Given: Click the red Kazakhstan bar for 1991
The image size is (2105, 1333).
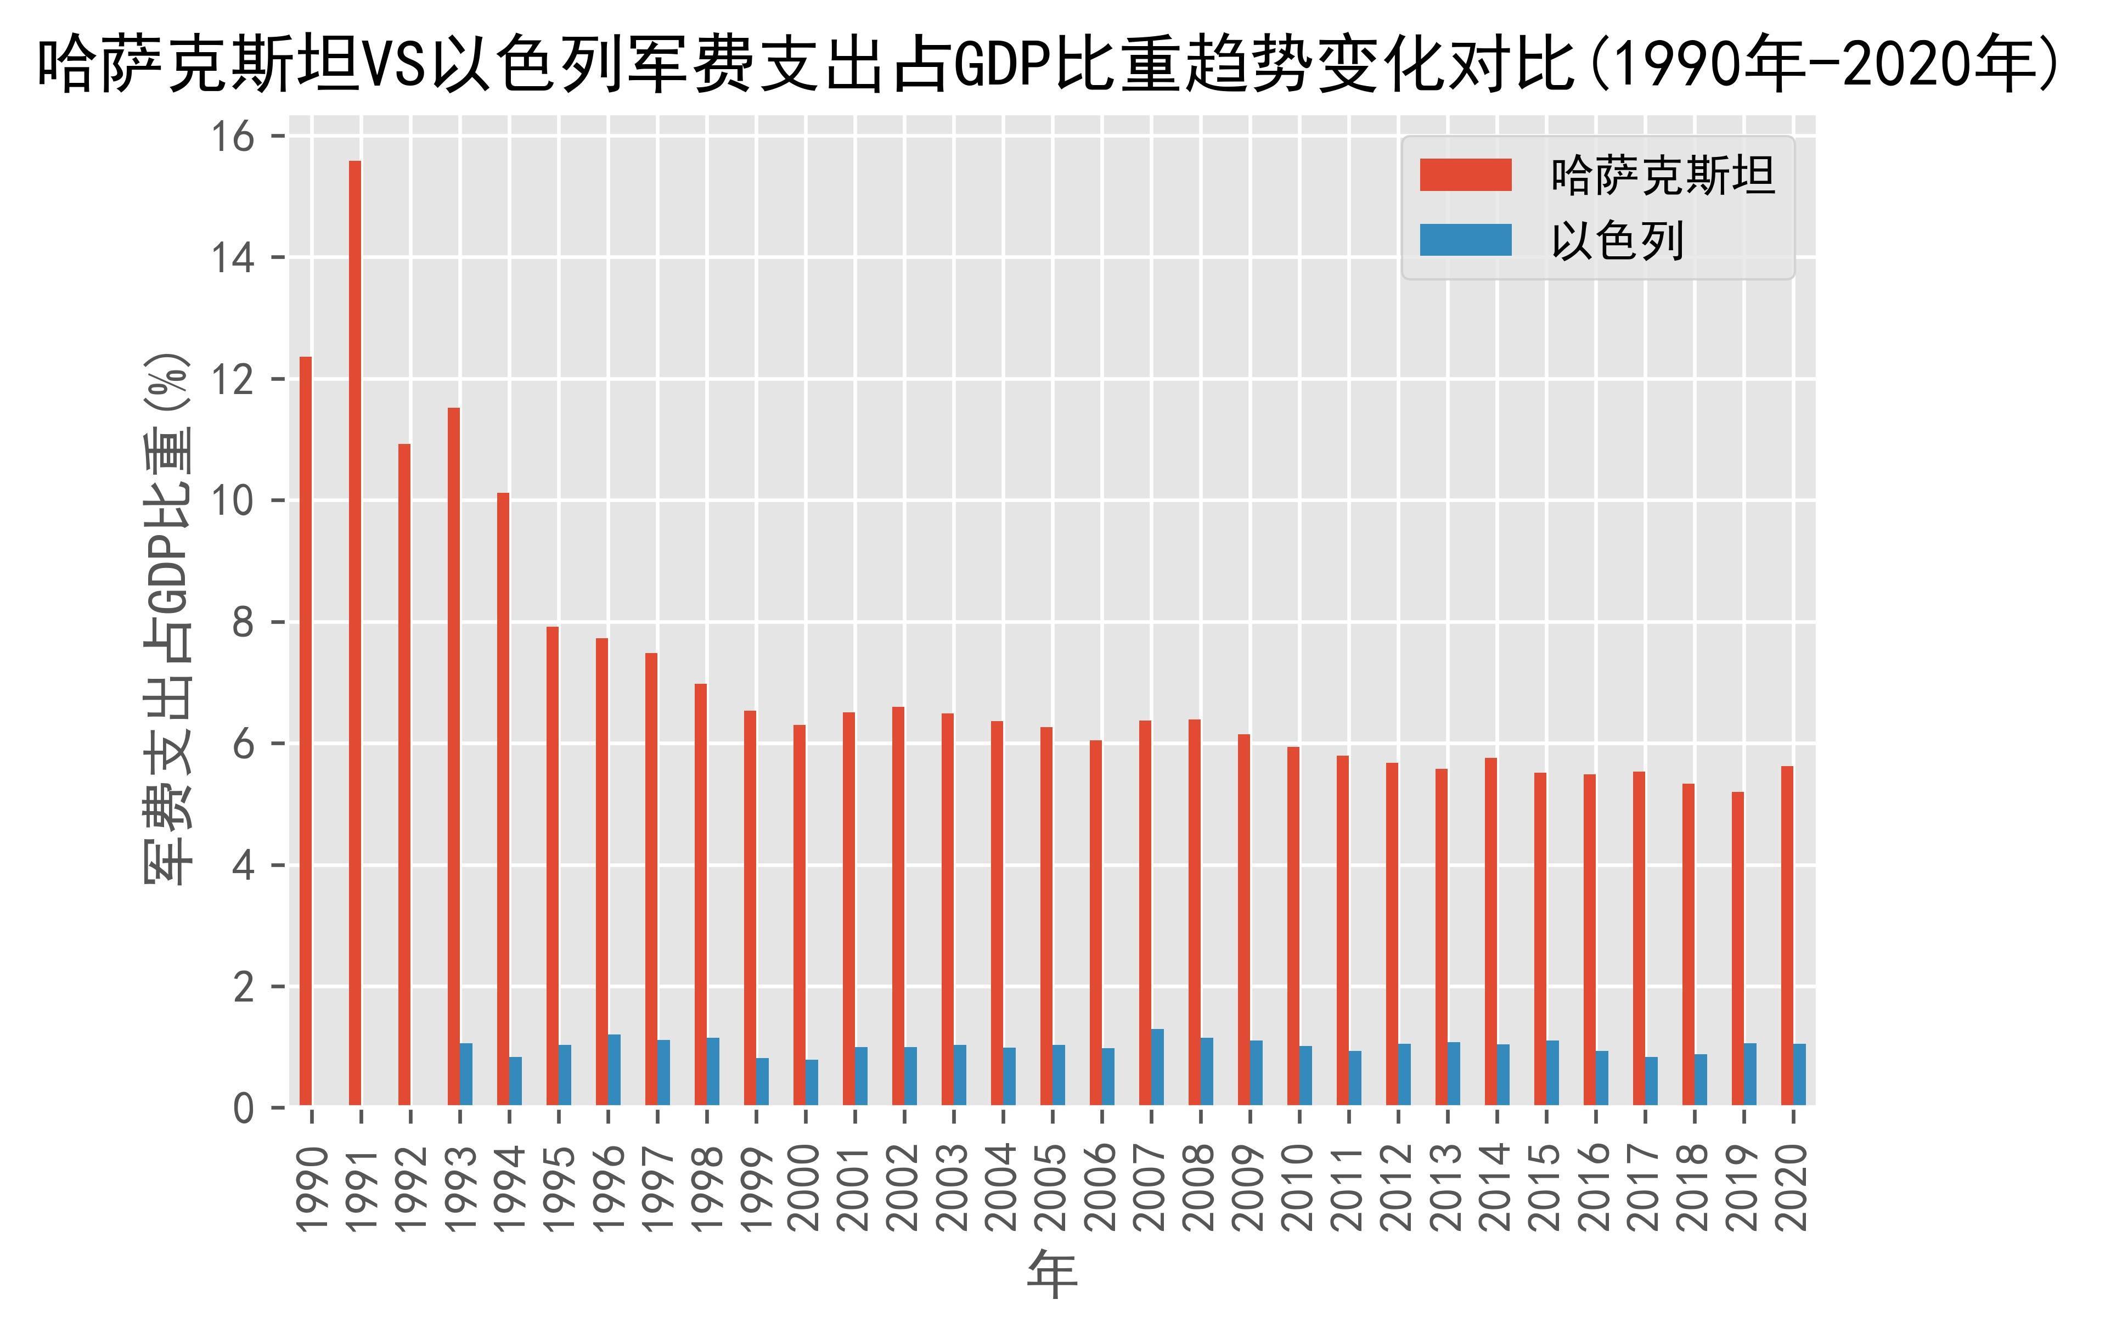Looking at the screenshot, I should click(x=355, y=634).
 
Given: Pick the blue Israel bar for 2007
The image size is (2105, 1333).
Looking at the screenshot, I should click(x=1157, y=1067).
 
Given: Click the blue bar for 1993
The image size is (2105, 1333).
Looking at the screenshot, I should click(x=466, y=1075).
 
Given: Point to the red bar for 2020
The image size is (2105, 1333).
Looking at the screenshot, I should click(x=1787, y=936).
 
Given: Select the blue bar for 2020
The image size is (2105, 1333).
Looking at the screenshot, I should click(x=1799, y=1075).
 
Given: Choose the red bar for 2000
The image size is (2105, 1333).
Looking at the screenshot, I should click(x=799, y=915).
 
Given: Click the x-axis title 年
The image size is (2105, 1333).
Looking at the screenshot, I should click(x=1052, y=1274).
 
